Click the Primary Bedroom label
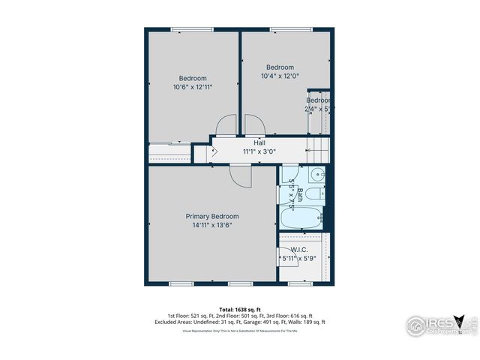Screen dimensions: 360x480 click(212, 216)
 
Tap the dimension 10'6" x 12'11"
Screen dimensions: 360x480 click(193, 87)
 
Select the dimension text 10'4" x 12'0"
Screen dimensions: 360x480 click(280, 76)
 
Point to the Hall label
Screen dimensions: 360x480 click(259, 142)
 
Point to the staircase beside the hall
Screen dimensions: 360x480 click(319, 145)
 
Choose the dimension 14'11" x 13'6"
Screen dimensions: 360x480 click(212, 225)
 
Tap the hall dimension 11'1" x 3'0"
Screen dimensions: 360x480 click(259, 151)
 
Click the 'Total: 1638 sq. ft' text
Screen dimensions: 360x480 click(240, 309)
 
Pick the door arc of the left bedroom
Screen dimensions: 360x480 click(226, 124)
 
